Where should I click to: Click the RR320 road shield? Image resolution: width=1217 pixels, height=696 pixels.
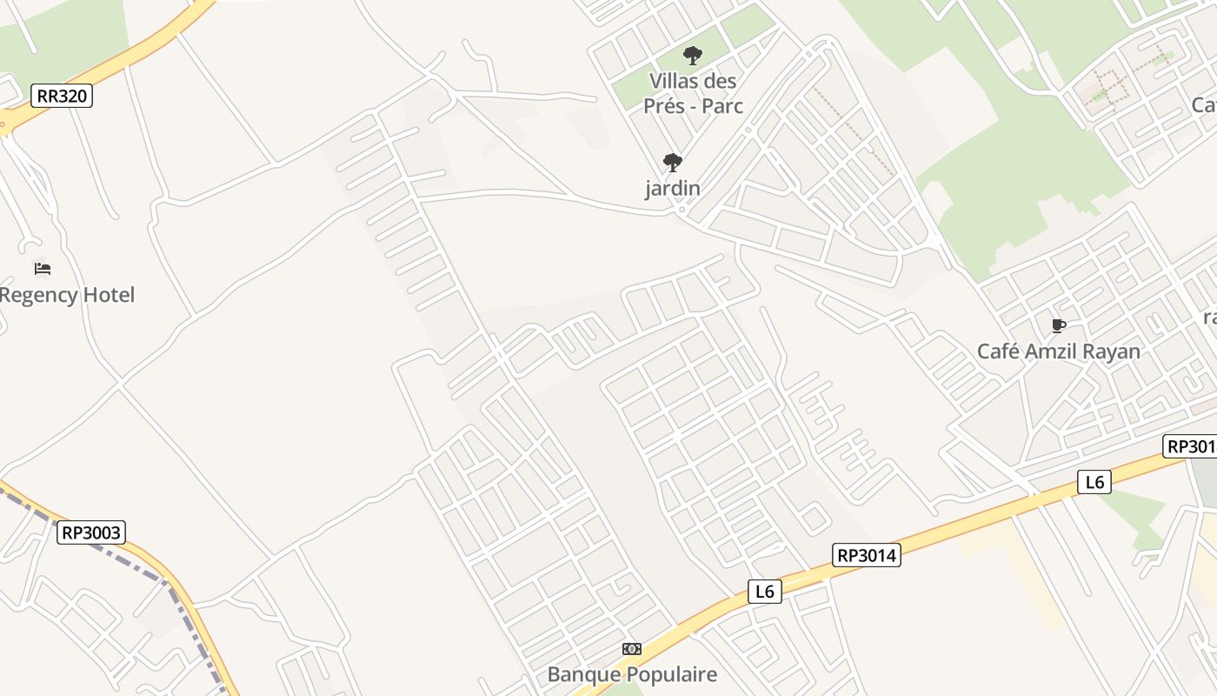click(x=62, y=96)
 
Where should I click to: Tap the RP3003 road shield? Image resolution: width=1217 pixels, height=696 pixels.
click(x=91, y=532)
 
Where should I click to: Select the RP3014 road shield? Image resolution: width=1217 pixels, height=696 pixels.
click(x=866, y=555)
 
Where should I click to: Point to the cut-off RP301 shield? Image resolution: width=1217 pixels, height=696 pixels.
click(x=1190, y=446)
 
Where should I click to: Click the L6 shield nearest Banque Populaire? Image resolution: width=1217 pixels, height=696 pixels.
click(x=764, y=592)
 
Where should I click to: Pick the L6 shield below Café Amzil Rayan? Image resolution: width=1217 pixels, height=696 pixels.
click(x=1094, y=481)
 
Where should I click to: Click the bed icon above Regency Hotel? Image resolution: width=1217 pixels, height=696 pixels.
click(x=43, y=268)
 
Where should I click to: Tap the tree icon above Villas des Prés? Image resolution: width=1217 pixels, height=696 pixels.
click(x=692, y=57)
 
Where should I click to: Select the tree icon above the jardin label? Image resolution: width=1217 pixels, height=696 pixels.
click(x=672, y=163)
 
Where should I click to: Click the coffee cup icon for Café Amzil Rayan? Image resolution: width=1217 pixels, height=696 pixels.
click(x=1058, y=326)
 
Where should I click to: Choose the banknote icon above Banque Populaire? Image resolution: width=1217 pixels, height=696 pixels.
click(x=632, y=649)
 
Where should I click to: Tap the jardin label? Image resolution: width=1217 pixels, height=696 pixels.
click(x=672, y=188)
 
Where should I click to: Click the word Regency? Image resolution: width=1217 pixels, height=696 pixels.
click(x=39, y=295)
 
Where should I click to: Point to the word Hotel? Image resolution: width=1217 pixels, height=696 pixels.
click(x=109, y=295)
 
